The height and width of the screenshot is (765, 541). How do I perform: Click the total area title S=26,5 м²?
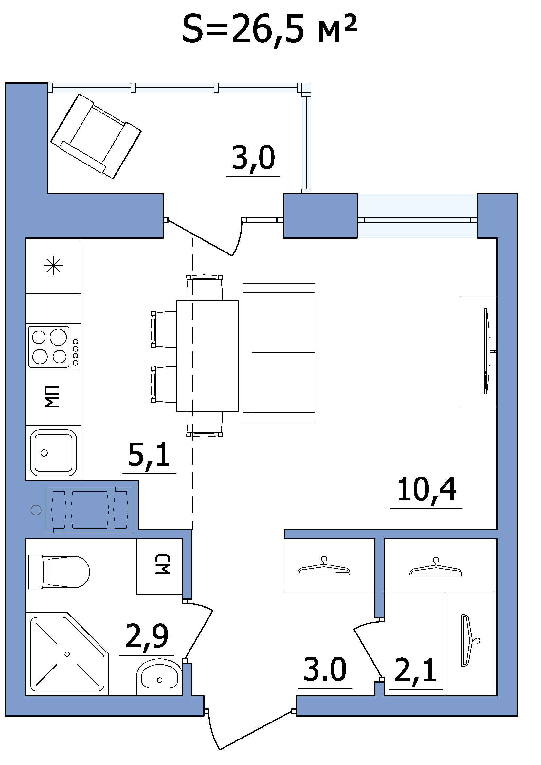[270, 29]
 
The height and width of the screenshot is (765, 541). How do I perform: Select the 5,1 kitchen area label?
[149, 455]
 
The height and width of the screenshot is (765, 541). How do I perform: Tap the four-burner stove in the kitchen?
[54, 347]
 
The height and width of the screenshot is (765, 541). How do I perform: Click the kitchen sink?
[54, 453]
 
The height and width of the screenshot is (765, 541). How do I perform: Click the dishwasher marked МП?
[54, 396]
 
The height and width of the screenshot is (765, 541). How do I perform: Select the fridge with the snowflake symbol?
[54, 266]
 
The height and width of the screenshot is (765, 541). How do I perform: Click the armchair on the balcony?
[96, 136]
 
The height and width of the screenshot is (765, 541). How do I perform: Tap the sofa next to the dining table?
[279, 353]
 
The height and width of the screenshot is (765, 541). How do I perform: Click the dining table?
[207, 356]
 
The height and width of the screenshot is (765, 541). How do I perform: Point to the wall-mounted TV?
[487, 351]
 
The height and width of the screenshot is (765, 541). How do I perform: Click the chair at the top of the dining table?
[204, 287]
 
